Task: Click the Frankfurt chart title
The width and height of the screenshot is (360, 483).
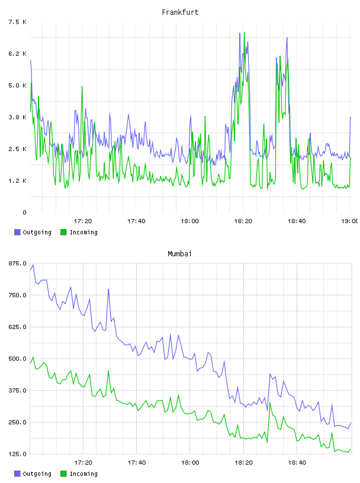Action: tap(180, 12)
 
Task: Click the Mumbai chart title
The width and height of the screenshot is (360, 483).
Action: tap(179, 254)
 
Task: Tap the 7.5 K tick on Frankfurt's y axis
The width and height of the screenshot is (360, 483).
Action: tap(17, 22)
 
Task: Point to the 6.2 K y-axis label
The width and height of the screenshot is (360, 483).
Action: tap(17, 54)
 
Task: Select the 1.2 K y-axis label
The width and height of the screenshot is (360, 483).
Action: tap(17, 181)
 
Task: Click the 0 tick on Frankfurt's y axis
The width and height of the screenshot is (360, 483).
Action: tap(24, 212)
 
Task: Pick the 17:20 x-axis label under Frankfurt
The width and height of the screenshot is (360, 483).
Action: tap(83, 221)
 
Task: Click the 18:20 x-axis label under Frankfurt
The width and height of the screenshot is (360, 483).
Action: tap(243, 221)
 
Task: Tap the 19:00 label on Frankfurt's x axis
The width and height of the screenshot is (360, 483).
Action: tap(350, 221)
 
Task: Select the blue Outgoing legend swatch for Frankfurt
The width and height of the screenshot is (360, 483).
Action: tap(17, 232)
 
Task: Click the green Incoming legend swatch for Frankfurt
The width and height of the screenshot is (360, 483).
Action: tap(63, 232)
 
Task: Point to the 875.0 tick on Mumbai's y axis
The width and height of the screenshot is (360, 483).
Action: tap(17, 263)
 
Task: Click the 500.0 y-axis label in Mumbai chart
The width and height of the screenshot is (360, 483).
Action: tap(17, 359)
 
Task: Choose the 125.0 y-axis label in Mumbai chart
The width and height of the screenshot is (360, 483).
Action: tap(17, 454)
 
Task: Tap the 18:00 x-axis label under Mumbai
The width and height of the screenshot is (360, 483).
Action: tap(190, 462)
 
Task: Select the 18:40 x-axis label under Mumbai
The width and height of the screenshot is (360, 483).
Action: tap(297, 462)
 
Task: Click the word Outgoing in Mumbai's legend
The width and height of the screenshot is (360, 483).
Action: tap(37, 474)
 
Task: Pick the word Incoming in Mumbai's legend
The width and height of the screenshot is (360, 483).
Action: tap(83, 474)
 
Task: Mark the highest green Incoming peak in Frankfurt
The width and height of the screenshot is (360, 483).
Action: tap(244, 33)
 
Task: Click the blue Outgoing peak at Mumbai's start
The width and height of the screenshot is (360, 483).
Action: tap(33, 265)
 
